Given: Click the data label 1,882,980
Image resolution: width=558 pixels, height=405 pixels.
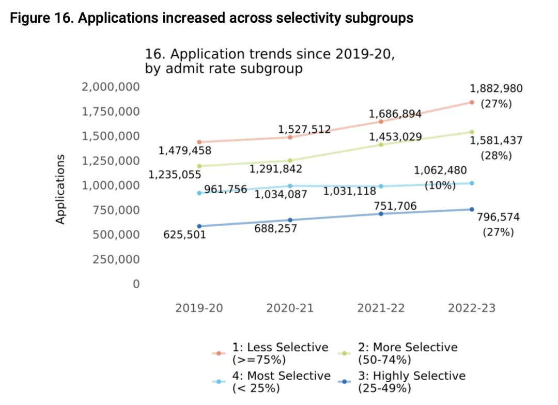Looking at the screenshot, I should (x=496, y=88).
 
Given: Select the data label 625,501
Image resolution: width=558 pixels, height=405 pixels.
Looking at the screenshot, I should (x=184, y=235).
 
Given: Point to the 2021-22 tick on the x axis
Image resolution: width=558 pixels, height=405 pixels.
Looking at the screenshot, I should (x=381, y=308).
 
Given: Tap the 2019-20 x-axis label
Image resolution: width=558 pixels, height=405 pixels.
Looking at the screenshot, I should (x=199, y=308).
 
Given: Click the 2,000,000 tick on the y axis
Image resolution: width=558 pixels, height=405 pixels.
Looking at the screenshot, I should (x=111, y=87).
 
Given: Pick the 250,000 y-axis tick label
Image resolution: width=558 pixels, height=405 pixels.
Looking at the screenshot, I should (x=116, y=259).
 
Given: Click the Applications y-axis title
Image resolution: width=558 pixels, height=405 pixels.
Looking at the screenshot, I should (x=60, y=189).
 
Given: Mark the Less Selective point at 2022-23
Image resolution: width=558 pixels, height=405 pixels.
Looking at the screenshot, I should (x=472, y=102).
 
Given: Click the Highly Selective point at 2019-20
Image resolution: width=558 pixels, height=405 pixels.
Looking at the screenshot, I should (x=199, y=226).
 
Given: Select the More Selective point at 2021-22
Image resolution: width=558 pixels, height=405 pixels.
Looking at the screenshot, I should (x=381, y=145).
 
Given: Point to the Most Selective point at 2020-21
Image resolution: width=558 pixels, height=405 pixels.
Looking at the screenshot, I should (x=290, y=186).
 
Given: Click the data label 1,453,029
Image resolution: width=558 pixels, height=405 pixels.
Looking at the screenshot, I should (x=395, y=137).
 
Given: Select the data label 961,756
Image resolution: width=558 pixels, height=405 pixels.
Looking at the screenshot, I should (x=225, y=190).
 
